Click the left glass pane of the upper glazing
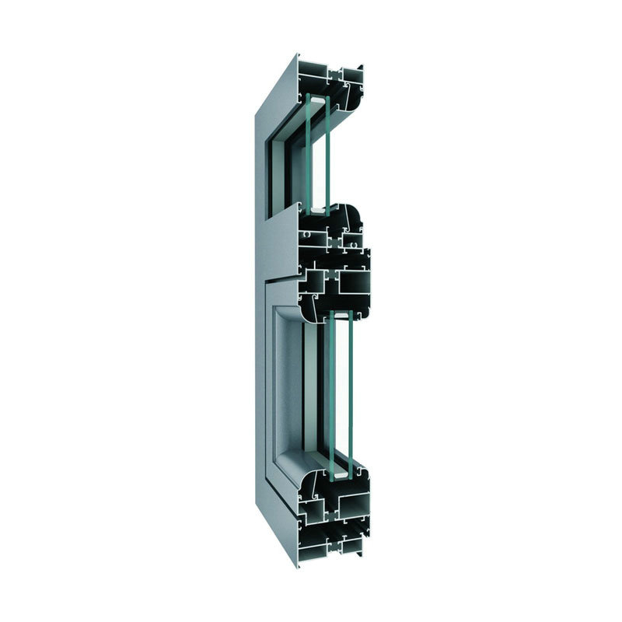[309, 152]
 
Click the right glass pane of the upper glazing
[327, 152]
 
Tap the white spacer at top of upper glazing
[317, 99]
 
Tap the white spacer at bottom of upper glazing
[318, 208]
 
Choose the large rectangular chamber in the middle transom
[354, 281]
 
